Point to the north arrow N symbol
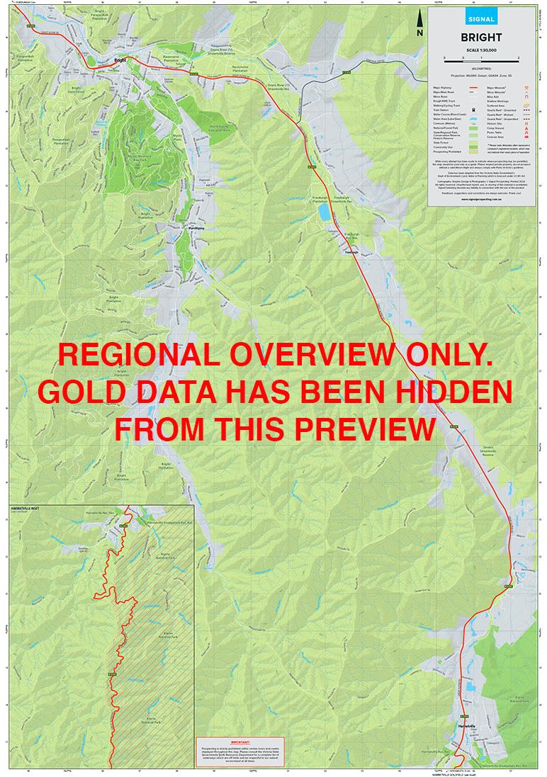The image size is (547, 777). [420, 26]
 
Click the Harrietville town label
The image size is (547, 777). [470, 727]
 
